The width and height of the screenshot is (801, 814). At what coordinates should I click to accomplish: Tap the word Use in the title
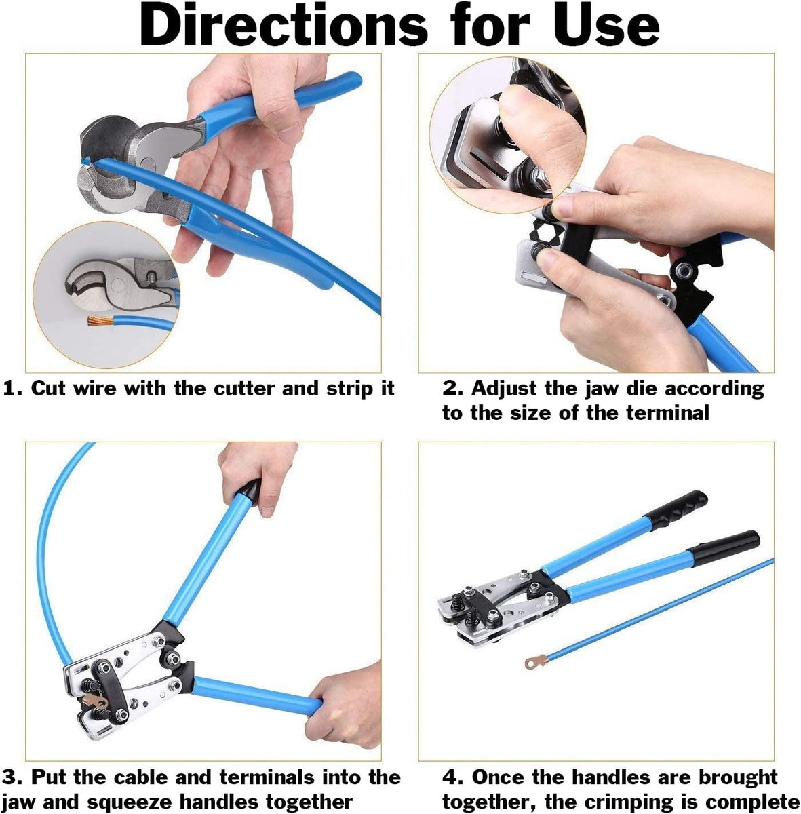pos(606,25)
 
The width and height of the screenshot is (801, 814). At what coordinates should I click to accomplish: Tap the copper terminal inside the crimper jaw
pos(96,701)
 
